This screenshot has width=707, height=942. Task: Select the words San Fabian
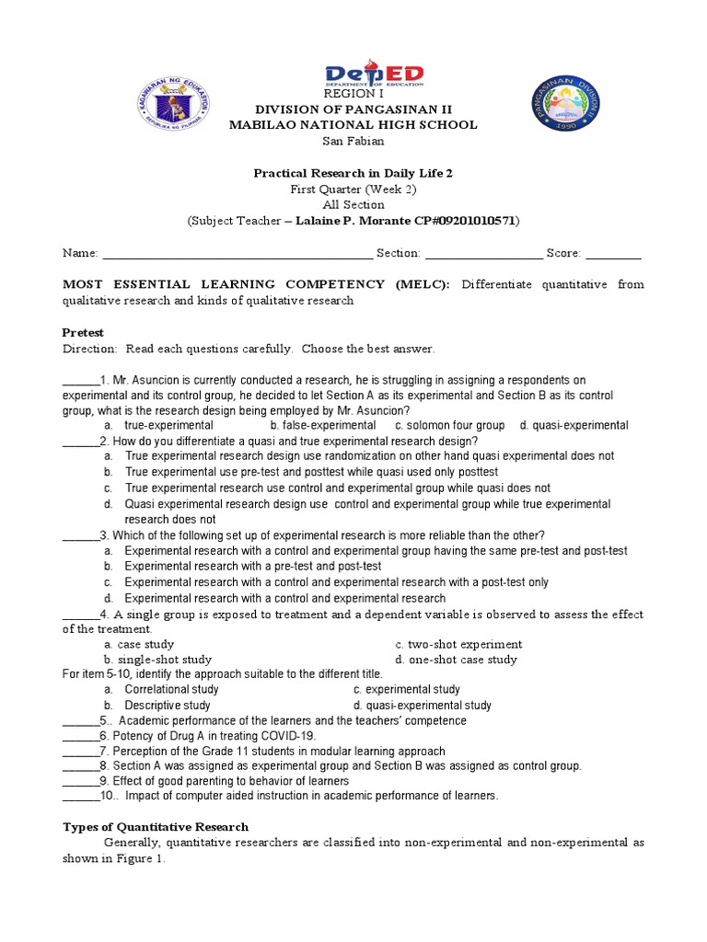(353, 141)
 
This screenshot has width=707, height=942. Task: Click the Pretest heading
(83, 332)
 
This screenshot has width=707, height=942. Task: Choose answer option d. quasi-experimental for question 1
(574, 425)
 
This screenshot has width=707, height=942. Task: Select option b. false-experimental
(323, 425)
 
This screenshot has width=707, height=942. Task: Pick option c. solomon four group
(450, 425)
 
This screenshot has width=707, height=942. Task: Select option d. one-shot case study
(456, 660)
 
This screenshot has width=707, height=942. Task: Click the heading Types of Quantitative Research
(156, 827)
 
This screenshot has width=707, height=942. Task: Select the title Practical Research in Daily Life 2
(353, 173)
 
